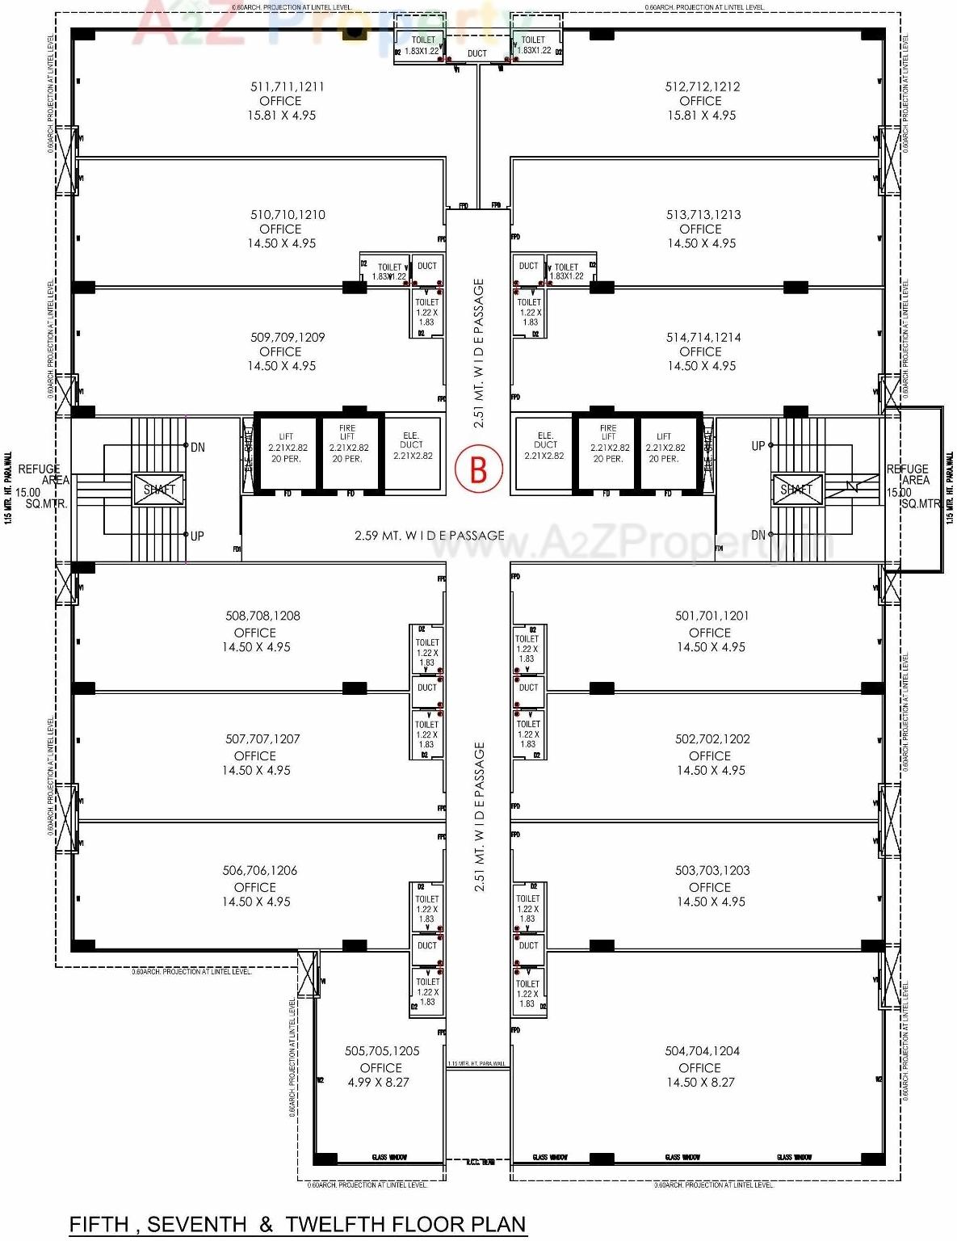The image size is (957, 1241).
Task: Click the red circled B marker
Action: coord(478,469)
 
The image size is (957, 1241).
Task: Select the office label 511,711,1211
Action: coord(287,87)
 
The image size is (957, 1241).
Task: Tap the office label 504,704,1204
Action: coord(702,1051)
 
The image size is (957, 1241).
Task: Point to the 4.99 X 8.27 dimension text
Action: coord(378,1083)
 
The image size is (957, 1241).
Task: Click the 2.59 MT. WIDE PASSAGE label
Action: coord(429,536)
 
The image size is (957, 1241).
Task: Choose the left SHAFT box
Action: coord(159,490)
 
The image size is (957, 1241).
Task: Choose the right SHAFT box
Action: coord(796,490)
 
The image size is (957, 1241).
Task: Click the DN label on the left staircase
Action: coord(197,448)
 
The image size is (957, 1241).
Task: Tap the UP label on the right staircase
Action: coord(758,446)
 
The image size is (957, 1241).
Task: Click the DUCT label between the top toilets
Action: coord(477,54)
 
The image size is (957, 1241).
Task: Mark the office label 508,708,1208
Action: coord(262,616)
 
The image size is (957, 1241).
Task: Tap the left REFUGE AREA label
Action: coord(40,474)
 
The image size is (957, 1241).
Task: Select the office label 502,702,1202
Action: coord(712,739)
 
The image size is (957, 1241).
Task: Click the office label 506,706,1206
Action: coord(259,871)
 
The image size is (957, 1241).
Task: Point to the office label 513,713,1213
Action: coord(703,215)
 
